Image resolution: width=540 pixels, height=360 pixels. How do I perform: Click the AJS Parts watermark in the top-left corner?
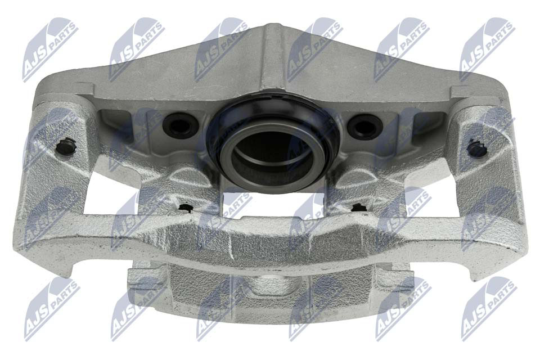(x=50, y=49)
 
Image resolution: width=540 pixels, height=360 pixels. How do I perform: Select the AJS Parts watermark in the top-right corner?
(x=487, y=49)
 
